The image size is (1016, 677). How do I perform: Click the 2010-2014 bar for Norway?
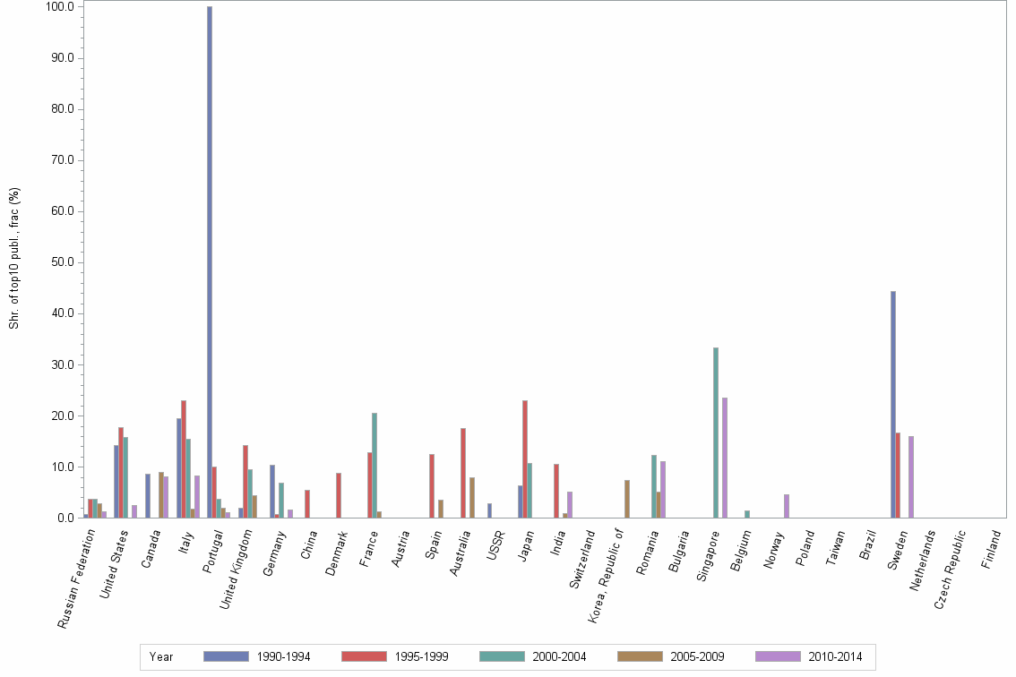[x=787, y=506]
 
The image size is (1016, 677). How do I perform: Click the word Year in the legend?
[x=161, y=656]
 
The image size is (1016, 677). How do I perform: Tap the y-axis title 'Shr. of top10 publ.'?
[x=14, y=259]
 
